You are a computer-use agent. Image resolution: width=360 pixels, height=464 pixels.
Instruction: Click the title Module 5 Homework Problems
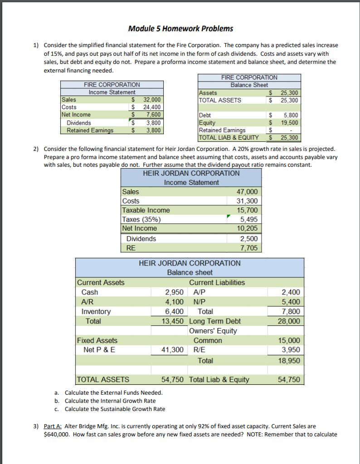click(x=180, y=29)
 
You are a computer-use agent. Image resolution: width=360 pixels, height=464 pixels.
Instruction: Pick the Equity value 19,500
click(x=289, y=123)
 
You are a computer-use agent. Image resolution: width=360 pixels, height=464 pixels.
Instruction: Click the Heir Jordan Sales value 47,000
click(x=248, y=192)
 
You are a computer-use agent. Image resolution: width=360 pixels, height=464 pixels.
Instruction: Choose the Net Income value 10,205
click(x=248, y=228)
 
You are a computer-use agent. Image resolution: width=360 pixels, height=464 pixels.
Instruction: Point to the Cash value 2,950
click(x=174, y=292)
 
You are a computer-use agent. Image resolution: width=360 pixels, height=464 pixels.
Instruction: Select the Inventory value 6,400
click(x=174, y=311)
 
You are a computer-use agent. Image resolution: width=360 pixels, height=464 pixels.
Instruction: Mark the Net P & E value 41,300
click(x=172, y=350)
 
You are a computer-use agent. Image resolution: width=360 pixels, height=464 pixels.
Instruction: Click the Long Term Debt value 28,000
click(x=289, y=321)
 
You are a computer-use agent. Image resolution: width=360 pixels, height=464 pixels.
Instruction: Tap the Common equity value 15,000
click(x=289, y=340)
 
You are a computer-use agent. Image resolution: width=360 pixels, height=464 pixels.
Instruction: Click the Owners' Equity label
click(x=213, y=330)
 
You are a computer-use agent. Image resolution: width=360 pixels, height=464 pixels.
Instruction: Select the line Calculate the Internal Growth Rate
click(x=110, y=401)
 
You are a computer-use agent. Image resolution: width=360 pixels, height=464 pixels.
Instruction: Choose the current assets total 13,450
click(x=172, y=321)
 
